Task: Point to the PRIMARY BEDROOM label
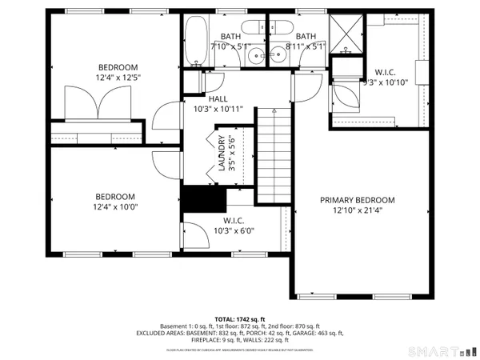(358, 200)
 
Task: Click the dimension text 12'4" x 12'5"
(118, 77)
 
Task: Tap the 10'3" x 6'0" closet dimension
(234, 231)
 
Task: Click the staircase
(272, 156)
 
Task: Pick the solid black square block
(195, 199)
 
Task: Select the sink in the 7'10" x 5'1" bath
(254, 56)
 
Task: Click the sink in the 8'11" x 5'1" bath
(279, 56)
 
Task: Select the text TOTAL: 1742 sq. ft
(239, 318)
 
